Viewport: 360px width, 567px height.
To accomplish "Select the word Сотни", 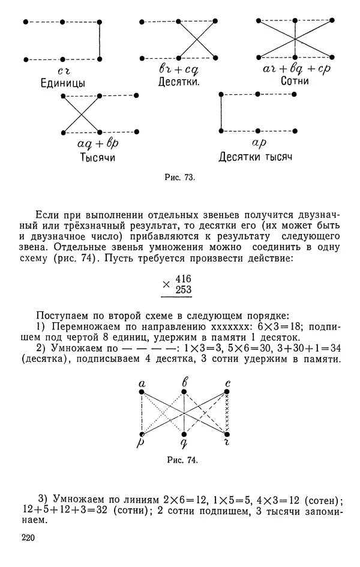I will coord(294,80).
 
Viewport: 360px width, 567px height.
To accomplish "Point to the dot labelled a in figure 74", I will coord(142,392).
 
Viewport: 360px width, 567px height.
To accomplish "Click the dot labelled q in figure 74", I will coord(184,434).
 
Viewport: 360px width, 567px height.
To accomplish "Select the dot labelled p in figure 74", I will coord(142,434).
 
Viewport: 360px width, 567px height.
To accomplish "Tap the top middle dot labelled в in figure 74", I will coord(184,392).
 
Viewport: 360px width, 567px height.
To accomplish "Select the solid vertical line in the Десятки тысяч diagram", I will coord(221,112).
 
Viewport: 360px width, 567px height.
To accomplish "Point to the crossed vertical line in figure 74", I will coord(227,413).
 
